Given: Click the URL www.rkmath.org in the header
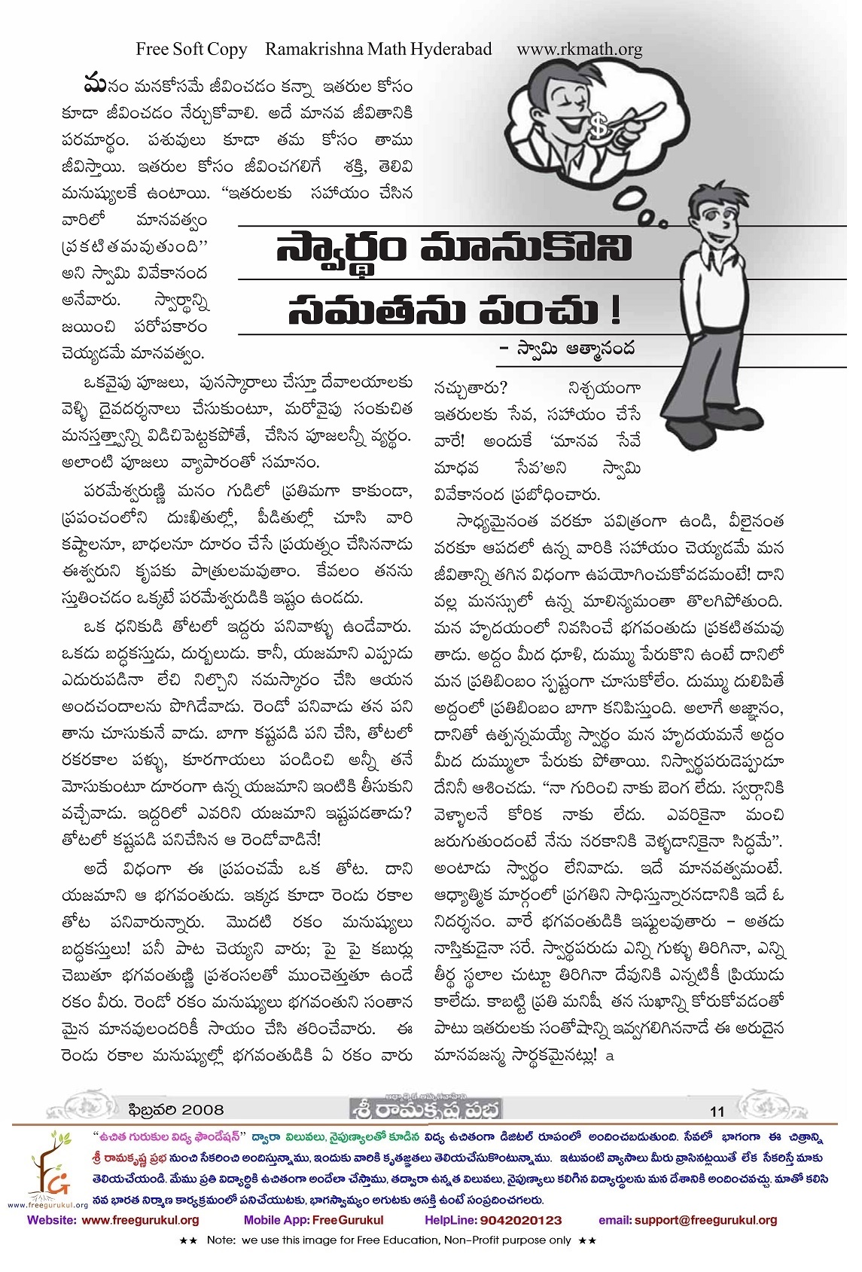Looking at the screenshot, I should [x=579, y=50].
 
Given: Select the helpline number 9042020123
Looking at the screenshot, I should [x=520, y=1220].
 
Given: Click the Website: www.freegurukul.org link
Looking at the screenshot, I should [x=114, y=1220].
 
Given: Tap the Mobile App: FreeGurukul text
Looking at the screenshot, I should [x=313, y=1220].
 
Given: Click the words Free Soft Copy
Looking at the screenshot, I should [x=191, y=50].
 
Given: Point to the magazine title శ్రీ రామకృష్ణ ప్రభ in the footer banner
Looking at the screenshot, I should [x=425, y=1111].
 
